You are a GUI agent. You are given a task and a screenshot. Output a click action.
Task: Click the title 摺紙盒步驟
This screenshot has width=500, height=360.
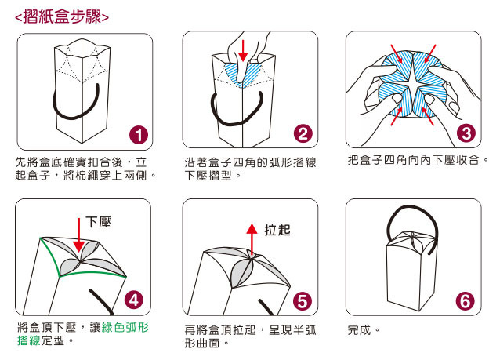point(62,16)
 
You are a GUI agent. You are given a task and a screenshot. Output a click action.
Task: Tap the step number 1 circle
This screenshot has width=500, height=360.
point(139,135)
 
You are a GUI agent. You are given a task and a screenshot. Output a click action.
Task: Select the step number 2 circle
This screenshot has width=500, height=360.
point(303,133)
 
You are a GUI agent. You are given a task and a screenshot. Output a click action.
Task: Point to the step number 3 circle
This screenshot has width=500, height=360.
point(466,133)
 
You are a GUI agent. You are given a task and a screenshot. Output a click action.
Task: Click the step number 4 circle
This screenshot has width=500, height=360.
point(133,300)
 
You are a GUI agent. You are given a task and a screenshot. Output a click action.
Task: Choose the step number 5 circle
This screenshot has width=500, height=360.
point(303,301)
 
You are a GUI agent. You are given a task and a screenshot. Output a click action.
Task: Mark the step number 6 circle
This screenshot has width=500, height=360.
point(466,301)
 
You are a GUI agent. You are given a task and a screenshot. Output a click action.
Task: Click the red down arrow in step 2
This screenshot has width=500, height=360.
point(243,50)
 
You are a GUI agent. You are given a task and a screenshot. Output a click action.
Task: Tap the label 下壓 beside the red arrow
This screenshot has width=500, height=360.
point(99,222)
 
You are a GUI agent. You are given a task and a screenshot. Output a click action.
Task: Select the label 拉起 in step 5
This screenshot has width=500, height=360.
point(277,230)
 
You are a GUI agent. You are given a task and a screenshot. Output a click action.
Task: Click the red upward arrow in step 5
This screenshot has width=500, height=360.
point(252,238)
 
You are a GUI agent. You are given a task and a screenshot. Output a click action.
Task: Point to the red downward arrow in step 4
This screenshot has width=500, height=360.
point(79,235)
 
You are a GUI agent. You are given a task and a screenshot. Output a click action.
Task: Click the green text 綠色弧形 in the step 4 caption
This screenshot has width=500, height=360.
point(125,327)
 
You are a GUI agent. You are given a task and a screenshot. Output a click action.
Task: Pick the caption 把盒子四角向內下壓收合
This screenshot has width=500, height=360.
point(414,159)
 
